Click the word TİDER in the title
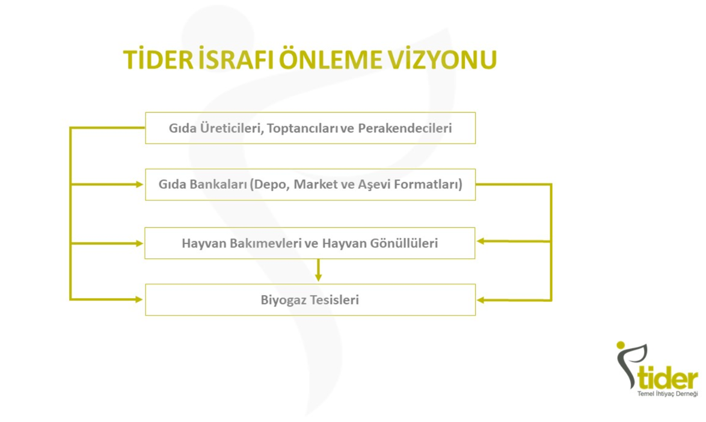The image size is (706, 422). point(159,60)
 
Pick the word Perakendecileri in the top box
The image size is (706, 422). point(405,128)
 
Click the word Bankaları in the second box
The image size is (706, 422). point(219,185)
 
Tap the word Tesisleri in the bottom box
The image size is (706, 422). point(334,299)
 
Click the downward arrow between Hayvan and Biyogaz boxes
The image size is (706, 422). point(318,270)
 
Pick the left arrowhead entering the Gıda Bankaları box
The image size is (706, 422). point(139,185)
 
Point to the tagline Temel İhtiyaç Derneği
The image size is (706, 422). point(668,394)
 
